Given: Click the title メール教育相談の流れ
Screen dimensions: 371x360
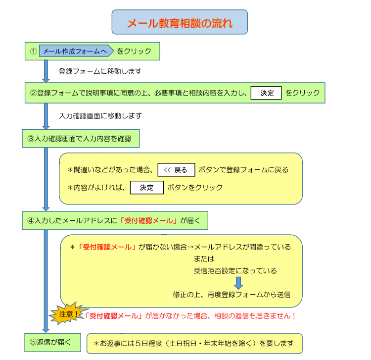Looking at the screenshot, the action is pos(180,23).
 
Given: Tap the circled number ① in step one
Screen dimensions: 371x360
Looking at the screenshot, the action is pos(33,51).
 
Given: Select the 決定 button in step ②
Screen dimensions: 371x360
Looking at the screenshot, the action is pos(266,93).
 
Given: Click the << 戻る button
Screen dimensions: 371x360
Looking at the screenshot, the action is pos(176,170).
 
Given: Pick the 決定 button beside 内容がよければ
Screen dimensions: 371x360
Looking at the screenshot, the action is pos(147,188).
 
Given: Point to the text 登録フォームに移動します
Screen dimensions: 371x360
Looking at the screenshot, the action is pos(100,71).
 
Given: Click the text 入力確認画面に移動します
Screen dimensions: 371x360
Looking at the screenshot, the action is pos(100,116).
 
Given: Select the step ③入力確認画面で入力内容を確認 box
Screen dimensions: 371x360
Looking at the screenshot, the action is pos(81,139).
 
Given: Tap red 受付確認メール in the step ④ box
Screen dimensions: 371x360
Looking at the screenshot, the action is pos(148,221).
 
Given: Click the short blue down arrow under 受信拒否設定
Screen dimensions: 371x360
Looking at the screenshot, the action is pos(238,283).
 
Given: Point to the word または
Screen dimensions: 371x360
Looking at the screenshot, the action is pos(204,259).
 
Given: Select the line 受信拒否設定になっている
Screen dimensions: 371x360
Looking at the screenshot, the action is pos(235,271).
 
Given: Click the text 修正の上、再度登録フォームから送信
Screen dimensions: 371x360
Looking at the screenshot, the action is pos(232,295).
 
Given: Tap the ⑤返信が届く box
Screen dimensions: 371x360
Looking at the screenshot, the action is pos(52,343).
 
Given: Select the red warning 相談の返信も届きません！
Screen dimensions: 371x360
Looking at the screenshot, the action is pos(255,316).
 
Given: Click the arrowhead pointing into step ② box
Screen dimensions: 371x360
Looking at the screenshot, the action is pos(46,81).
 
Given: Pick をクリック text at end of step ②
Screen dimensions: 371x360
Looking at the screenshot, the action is pos(302,93).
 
